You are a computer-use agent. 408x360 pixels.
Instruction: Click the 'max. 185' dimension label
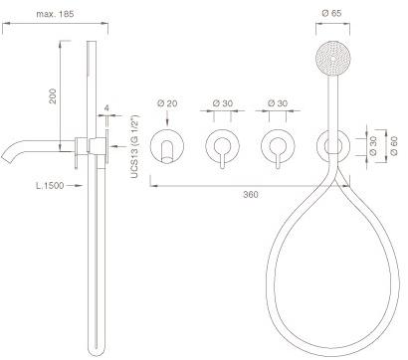tap(55, 14)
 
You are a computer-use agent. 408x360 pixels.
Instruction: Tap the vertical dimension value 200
tap(53, 96)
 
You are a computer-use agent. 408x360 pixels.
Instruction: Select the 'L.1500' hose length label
tap(50, 186)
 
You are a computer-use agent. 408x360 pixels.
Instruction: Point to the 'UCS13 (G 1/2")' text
tap(134, 147)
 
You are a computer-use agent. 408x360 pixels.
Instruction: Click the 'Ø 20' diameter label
tap(167, 103)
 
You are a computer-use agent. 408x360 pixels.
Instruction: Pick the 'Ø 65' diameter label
tap(331, 13)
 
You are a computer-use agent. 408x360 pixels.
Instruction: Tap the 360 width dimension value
tap(251, 195)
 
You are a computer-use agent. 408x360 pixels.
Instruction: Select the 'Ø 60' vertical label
tap(394, 146)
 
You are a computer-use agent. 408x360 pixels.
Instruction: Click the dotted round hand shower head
tap(332, 58)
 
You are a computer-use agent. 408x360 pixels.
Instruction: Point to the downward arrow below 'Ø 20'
tap(167, 117)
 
